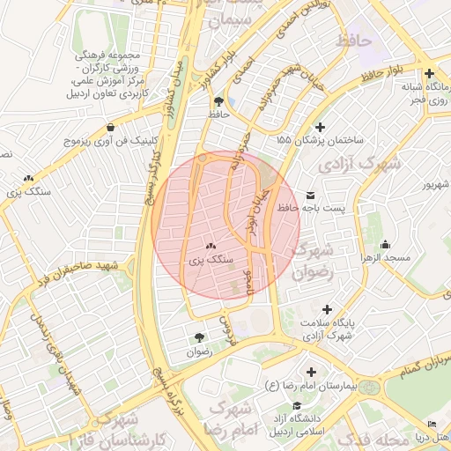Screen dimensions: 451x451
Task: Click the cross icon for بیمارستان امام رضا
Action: [x=310, y=372]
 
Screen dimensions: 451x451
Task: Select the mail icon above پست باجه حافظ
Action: [x=309, y=195]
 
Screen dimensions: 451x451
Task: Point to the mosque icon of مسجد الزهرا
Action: [x=385, y=244]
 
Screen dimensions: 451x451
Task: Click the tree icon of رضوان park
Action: [x=199, y=337]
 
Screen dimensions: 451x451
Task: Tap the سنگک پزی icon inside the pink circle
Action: [x=211, y=247]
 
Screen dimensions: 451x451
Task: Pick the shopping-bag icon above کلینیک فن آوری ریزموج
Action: [x=108, y=128]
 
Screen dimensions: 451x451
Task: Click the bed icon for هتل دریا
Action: [x=431, y=425]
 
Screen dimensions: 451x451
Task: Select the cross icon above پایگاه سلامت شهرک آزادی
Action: [x=328, y=310]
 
